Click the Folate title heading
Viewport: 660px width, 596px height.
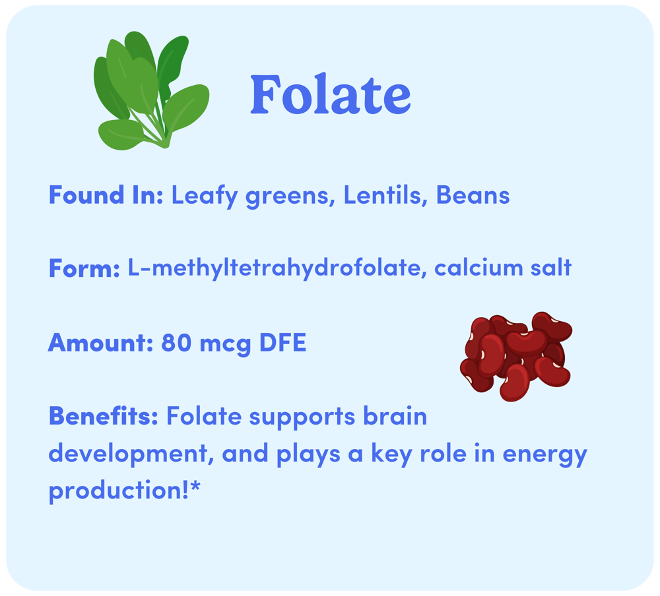click(x=331, y=94)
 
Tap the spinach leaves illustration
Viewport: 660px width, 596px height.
click(x=152, y=91)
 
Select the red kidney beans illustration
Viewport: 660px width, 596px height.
click(x=516, y=357)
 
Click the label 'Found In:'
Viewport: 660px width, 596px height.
click(x=106, y=195)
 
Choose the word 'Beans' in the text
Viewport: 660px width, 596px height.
click(x=473, y=195)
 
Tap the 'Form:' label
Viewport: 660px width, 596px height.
click(x=84, y=268)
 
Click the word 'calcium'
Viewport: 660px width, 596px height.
click(x=478, y=268)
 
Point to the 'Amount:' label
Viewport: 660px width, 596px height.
click(x=100, y=343)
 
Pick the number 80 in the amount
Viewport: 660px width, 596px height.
click(x=176, y=343)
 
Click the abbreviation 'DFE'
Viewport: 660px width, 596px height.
click(x=282, y=343)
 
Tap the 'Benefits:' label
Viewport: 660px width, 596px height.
click(x=104, y=416)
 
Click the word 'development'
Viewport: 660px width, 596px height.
click(x=129, y=454)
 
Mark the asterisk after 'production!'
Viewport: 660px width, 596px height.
click(x=195, y=487)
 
